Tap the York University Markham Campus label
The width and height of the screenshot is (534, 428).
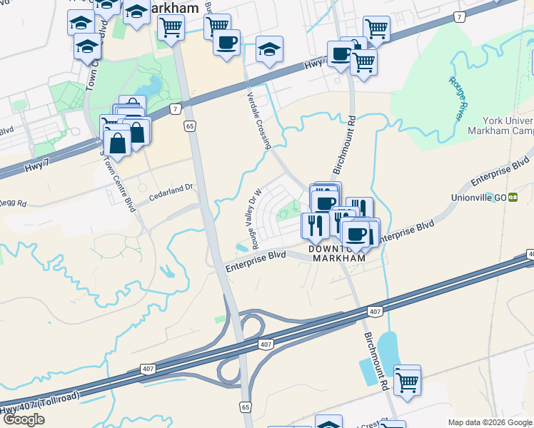click(499, 126)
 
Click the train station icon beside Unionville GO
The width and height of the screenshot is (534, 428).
click(513, 198)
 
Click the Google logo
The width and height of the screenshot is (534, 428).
click(24, 419)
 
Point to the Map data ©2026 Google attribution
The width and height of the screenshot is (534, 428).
click(490, 422)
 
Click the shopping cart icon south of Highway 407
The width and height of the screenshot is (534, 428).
click(407, 381)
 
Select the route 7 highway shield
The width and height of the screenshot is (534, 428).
click(174, 109)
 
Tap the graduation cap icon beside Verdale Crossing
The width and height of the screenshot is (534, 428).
click(268, 49)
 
